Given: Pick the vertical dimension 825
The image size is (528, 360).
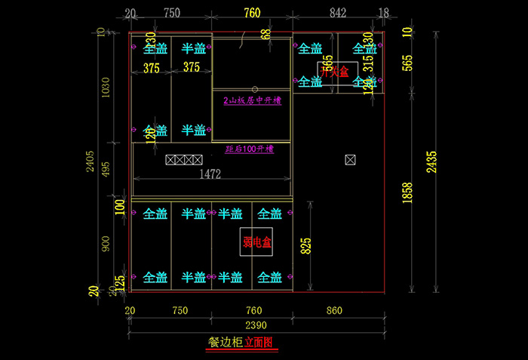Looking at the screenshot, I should pos(305,247).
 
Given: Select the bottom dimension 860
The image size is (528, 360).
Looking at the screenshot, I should pos(334,310).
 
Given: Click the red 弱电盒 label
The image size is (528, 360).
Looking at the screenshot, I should pos(257,242).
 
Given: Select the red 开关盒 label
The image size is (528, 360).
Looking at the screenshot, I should pos(334,72).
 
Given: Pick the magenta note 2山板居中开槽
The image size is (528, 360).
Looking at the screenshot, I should pos(252,100).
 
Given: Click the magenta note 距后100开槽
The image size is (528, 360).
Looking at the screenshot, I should pos(249,149).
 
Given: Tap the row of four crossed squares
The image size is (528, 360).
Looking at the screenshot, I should pos(184,160).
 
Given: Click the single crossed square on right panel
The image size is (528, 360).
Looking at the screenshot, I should pos(350,159).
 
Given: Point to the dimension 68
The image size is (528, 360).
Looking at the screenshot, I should pos(265,35).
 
